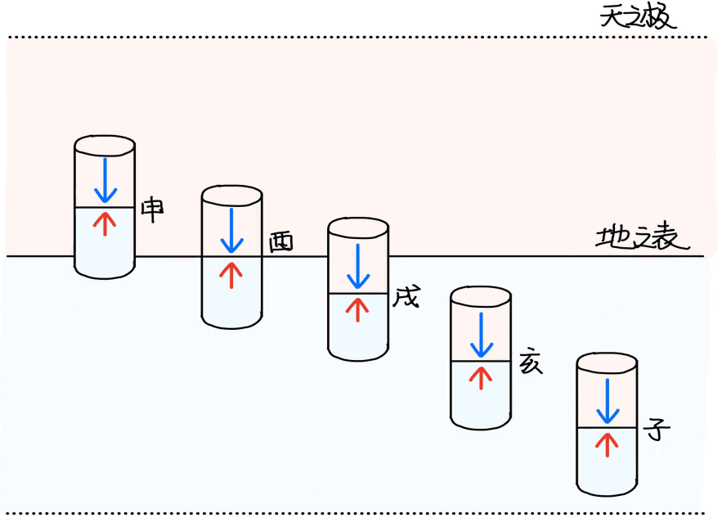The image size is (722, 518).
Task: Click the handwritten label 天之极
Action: point(638,18)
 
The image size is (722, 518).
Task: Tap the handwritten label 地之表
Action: point(643,237)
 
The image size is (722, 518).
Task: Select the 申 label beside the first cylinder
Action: point(152,209)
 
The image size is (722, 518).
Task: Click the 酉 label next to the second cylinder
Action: point(281,242)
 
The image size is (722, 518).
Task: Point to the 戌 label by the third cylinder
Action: point(406,297)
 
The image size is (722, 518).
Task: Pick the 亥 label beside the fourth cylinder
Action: point(531,363)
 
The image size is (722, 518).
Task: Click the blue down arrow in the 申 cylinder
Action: point(105,180)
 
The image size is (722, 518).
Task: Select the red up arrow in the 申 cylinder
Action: point(105,224)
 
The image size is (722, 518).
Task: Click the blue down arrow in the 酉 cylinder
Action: point(231,231)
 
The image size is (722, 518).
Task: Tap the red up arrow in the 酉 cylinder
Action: point(231,276)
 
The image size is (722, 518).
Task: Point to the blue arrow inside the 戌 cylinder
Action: point(358,267)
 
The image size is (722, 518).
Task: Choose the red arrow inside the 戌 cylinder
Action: point(358,310)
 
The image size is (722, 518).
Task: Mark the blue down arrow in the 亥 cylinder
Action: point(482,335)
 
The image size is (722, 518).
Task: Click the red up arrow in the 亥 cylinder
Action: point(481,378)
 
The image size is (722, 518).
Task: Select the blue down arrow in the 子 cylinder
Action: point(608,401)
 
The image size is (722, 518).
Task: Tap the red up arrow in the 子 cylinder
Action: point(607,444)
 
